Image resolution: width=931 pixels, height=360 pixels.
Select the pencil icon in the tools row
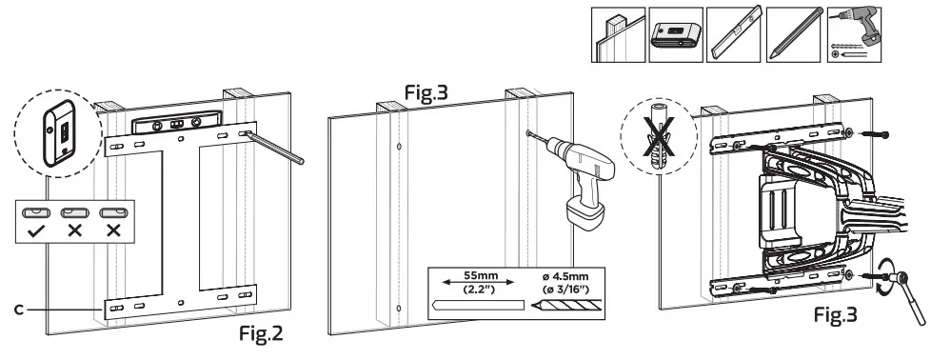point(791,36)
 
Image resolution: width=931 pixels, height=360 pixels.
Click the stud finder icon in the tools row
point(678,36)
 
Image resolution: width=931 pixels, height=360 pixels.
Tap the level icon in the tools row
point(735,36)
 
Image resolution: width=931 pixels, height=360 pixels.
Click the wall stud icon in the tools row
point(620,36)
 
